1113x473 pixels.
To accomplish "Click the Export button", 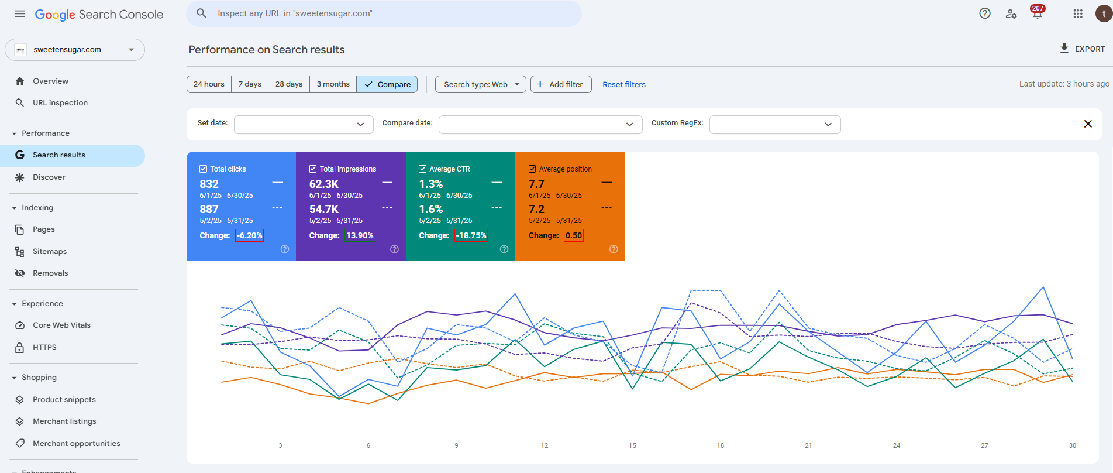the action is [1082, 49].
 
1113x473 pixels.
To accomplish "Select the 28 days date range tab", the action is [289, 84].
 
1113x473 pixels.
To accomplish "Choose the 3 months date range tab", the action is [333, 84].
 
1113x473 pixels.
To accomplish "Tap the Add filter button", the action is [561, 84].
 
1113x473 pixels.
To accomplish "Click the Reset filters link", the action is [624, 84].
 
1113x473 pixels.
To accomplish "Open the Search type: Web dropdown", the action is [480, 84].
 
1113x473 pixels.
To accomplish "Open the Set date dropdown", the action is [304, 124].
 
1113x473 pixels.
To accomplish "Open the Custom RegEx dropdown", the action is [775, 124].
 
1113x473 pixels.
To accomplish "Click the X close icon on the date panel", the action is [1088, 124].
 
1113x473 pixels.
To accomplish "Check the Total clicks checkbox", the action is [204, 169].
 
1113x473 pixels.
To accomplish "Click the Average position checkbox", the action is [532, 169].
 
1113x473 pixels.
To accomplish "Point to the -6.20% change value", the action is [250, 235].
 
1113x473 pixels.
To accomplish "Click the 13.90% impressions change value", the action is [360, 235].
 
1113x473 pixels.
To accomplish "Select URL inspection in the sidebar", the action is [60, 102].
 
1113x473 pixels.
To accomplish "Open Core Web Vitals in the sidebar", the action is [61, 325].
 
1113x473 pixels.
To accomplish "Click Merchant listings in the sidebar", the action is [64, 421].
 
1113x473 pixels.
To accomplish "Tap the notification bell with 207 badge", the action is [1038, 13].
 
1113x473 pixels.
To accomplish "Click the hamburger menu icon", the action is [20, 13].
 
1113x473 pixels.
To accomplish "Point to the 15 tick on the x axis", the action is [632, 445].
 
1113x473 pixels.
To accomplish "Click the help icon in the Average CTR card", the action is [504, 249].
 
